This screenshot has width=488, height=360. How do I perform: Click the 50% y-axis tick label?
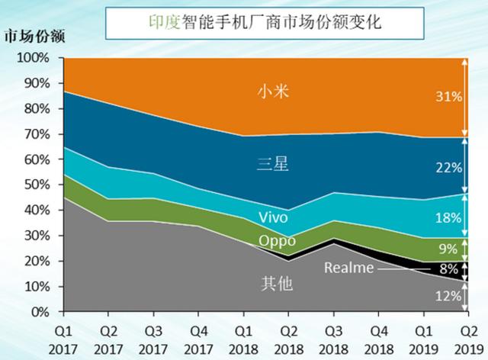pos(37,185)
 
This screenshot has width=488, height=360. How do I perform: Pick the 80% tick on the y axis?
pos(37,108)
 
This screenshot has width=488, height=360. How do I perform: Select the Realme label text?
pos(348,268)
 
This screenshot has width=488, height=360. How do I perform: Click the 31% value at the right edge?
pos(447,97)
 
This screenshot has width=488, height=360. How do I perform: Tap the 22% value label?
pos(447,167)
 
